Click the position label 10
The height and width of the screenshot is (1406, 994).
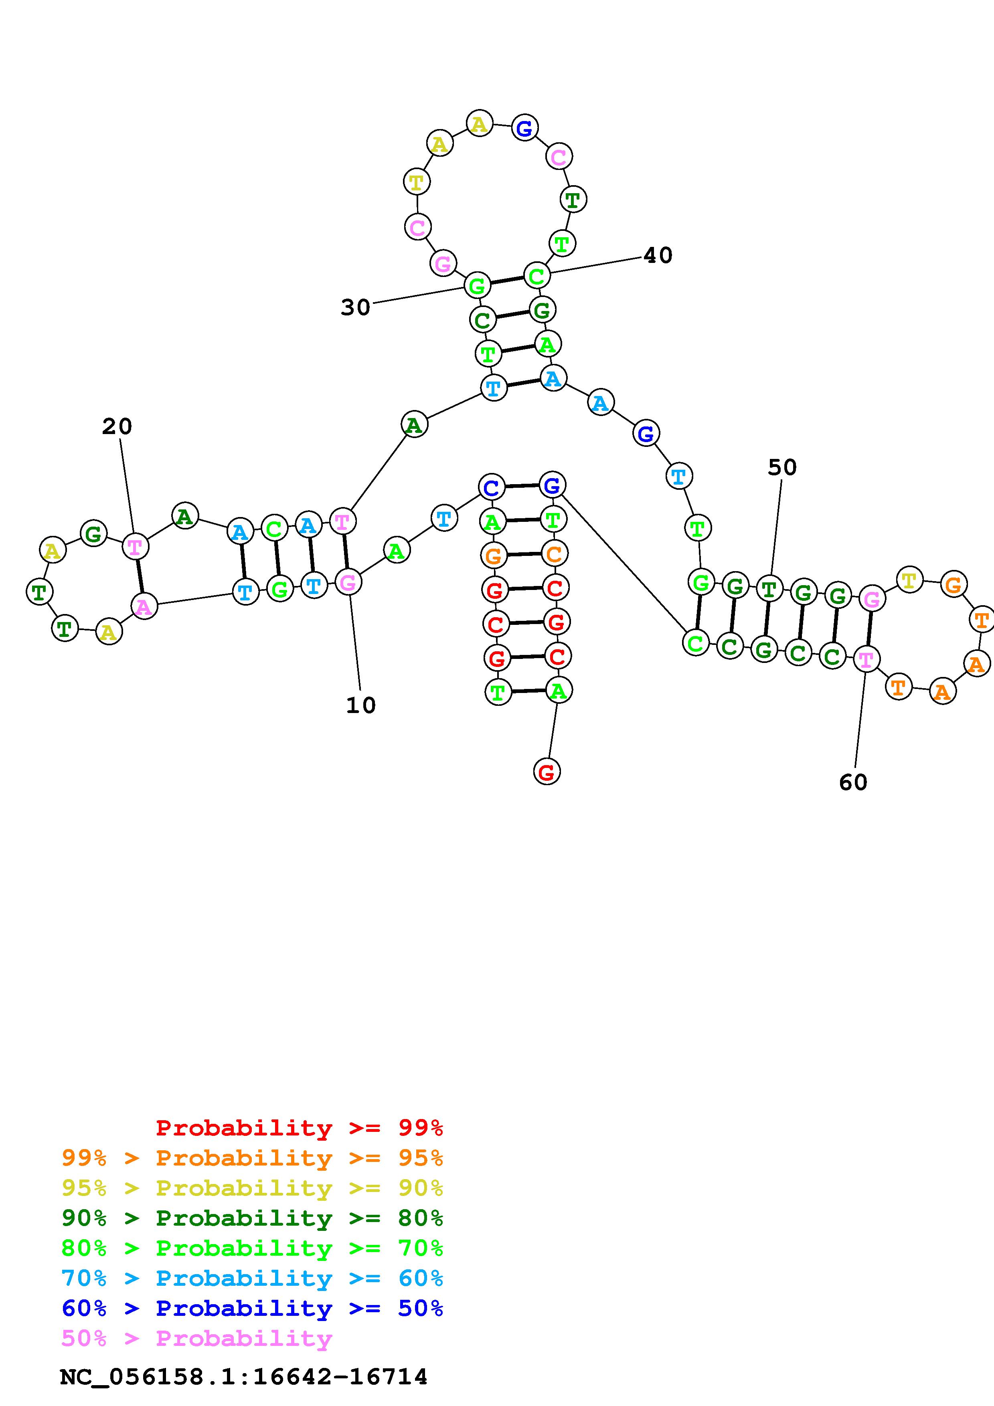coord(361,705)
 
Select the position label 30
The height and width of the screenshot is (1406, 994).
coord(356,307)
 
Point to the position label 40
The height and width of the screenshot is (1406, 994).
coord(658,255)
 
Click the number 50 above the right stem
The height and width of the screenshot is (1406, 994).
coord(782,468)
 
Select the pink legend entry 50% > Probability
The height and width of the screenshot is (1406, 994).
coord(197,1338)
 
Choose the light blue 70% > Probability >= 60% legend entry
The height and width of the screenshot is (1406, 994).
coord(252,1278)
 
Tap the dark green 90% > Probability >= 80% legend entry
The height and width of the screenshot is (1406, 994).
coord(252,1218)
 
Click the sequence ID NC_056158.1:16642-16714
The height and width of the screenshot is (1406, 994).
coord(244,1377)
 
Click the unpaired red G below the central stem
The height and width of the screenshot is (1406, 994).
coord(546,771)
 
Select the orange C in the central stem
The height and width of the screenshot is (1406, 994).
coord(554,554)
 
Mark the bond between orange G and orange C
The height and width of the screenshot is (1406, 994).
coord(524,555)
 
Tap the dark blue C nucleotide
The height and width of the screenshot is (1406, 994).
coord(491,488)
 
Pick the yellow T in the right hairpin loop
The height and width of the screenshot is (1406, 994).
coord(909,579)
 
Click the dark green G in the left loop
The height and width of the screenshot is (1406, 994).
coord(93,533)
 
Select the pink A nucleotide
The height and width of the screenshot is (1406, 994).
coord(144,606)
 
